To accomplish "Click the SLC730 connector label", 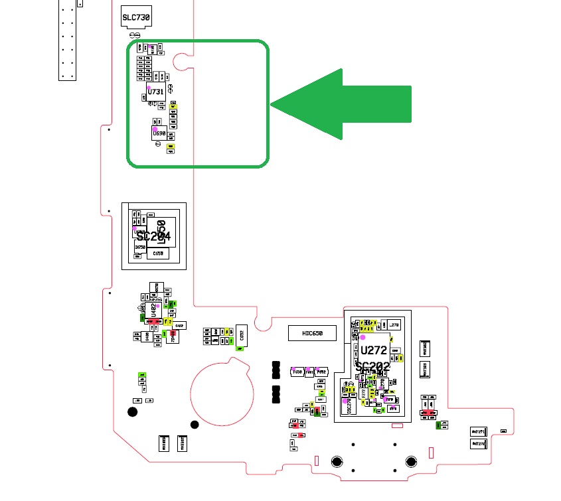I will (136, 17).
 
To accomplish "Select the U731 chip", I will (156, 92).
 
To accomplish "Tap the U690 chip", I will (159, 133).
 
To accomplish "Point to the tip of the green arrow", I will (272, 105).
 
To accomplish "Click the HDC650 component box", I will (312, 333).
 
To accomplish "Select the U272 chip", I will (374, 350).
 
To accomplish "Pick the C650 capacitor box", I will (158, 253).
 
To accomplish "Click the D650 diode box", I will (140, 247).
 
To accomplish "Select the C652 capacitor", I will (240, 337).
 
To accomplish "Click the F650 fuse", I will (297, 372).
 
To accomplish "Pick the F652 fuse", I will (321, 372).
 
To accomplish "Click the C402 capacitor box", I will (180, 325).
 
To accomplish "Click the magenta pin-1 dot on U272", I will (362, 338).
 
